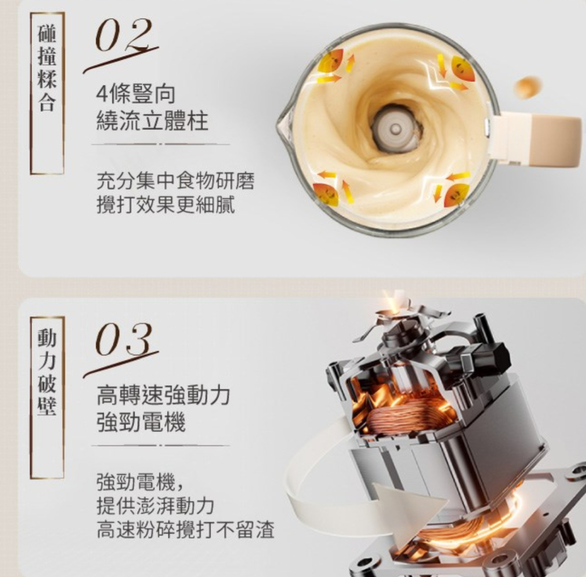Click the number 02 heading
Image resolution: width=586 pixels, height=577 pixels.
pos(123,37)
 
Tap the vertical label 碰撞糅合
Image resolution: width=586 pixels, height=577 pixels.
pos(47,70)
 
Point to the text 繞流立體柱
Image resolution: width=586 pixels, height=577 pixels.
pos(152,121)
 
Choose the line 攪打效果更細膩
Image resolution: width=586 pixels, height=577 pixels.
pos(166,205)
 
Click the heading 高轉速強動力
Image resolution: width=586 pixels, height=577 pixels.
pos(163,396)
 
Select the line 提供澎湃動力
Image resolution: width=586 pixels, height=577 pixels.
pos(155,506)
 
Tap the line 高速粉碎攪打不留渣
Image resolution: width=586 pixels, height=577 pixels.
pos(185,530)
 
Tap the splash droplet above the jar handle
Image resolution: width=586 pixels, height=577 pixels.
pos(527,88)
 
